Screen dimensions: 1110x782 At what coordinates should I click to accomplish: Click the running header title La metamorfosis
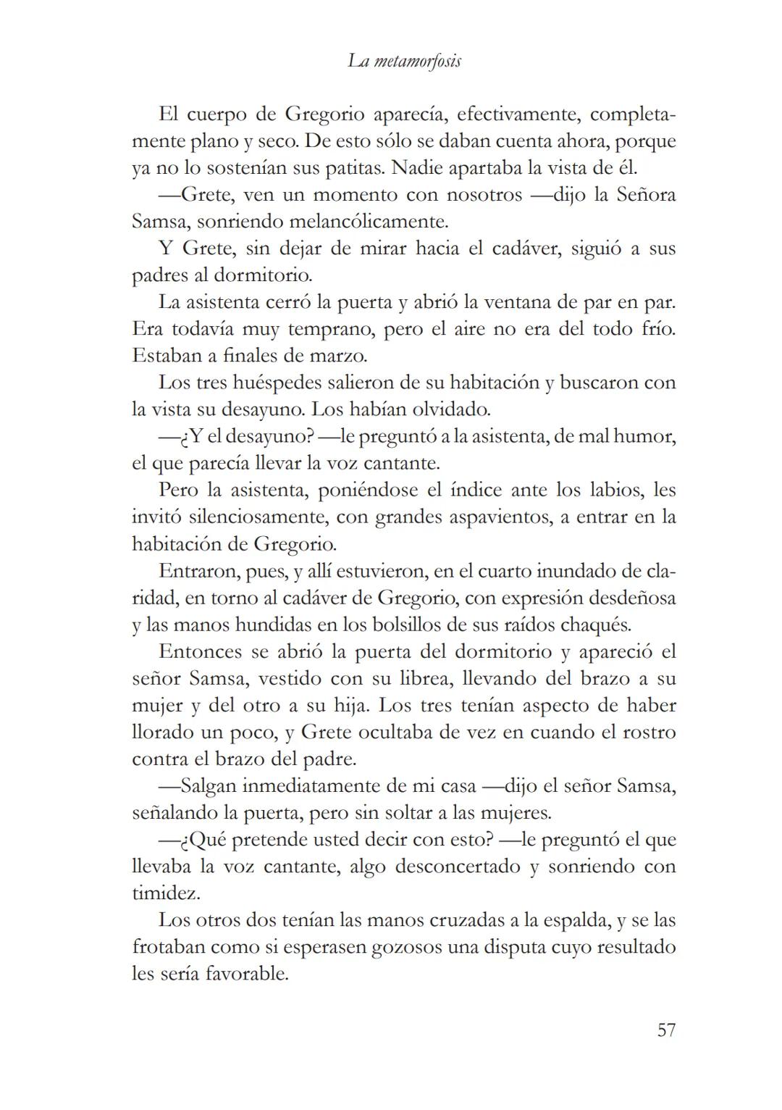(404, 62)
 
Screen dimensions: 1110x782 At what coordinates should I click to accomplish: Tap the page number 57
(666, 1030)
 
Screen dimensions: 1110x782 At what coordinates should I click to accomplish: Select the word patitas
(352, 168)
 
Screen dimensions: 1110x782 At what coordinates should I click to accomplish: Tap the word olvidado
(451, 409)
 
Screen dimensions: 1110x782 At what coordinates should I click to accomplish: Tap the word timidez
(166, 893)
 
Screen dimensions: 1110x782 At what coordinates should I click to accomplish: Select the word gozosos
(405, 948)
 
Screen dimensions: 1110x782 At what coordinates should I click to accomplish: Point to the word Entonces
(201, 651)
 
